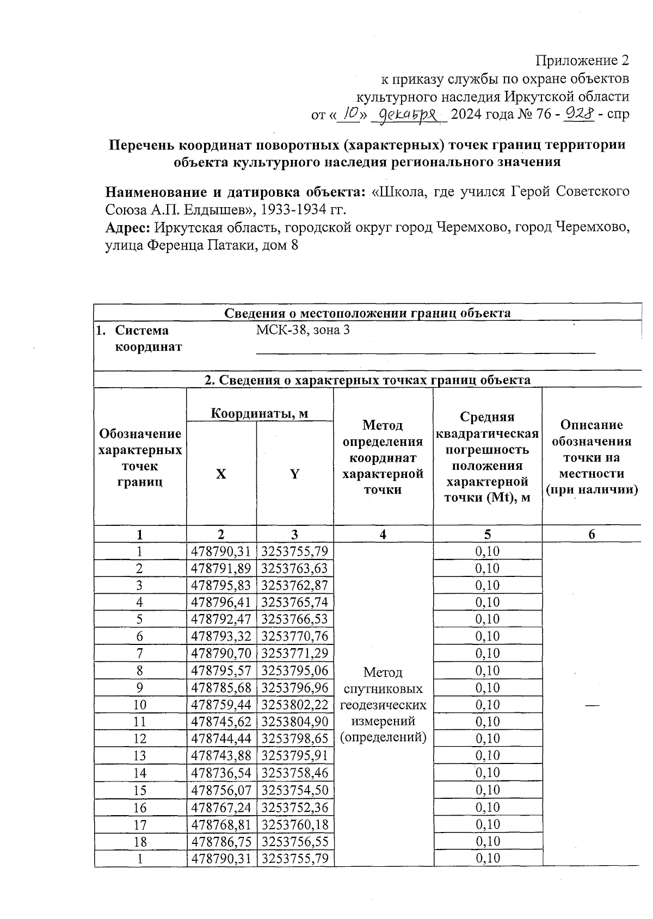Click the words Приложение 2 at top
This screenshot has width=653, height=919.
582,60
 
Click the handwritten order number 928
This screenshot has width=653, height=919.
580,113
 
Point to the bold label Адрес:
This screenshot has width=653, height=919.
128,227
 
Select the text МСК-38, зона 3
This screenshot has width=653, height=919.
303,330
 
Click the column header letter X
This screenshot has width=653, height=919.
221,474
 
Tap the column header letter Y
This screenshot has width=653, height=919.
294,474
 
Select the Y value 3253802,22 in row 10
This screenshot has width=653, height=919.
295,705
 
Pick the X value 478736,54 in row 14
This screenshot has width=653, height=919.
221,773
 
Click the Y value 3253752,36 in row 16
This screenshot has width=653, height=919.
295,807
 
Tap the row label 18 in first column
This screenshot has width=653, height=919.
140,841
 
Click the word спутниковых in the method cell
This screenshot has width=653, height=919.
383,689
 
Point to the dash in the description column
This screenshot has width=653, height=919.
592,705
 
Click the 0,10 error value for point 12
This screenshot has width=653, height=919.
487,738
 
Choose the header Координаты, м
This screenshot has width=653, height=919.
260,413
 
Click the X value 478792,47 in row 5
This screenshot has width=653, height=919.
221,619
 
